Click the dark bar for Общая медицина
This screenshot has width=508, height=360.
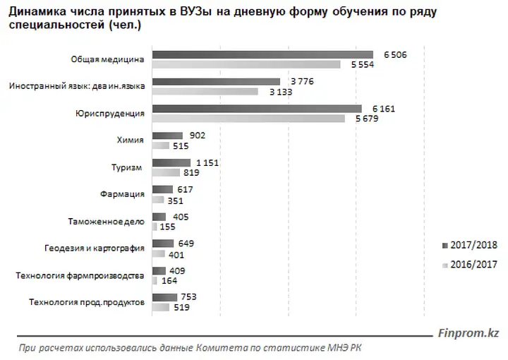pos(262,55)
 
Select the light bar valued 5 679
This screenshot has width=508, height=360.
pos(248,119)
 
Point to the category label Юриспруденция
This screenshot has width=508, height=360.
pos(109,113)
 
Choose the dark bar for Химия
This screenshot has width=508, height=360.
pos(167,136)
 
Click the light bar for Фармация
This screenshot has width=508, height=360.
pos(158,200)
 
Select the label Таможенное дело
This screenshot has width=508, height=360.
pos(106,221)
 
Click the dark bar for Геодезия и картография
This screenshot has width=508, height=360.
pos(162,244)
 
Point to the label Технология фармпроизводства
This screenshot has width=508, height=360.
pos(87,275)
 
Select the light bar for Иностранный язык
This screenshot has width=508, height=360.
pos(215,92)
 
